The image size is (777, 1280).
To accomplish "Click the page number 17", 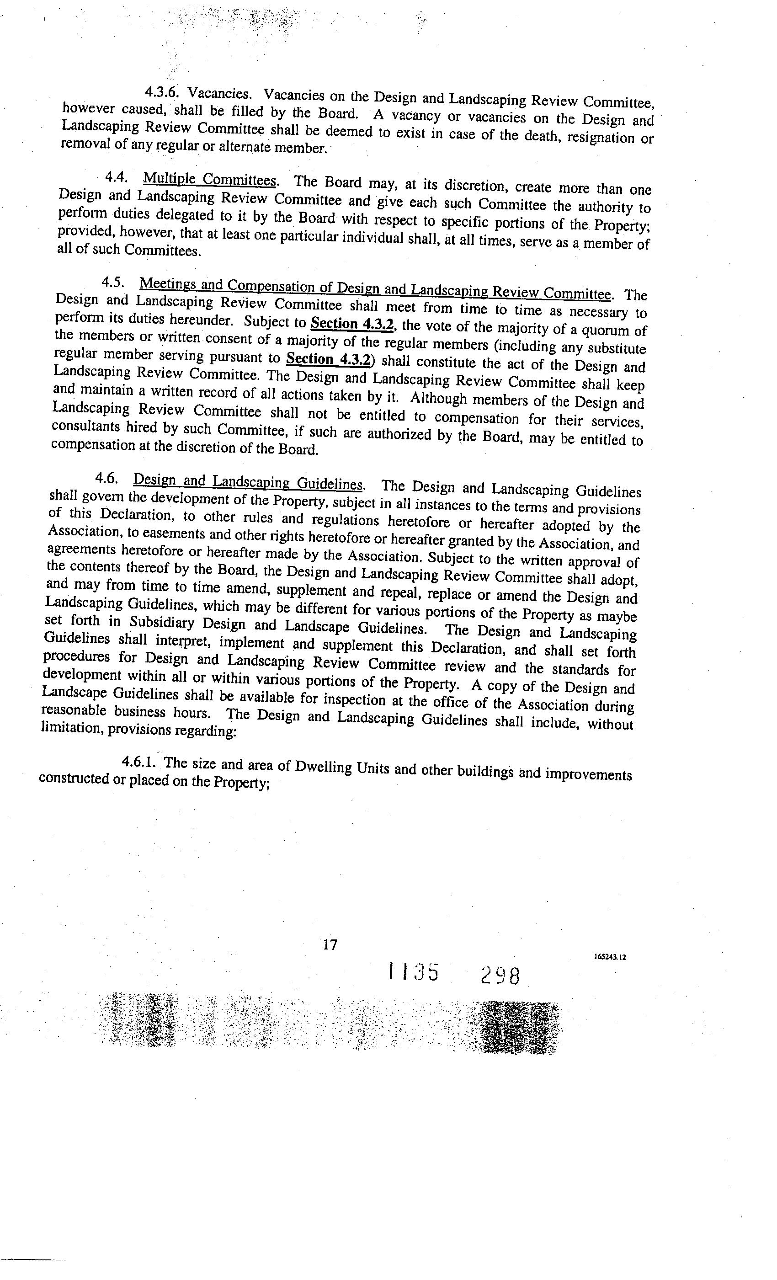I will click(x=330, y=944).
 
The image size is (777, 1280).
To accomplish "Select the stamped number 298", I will click(x=500, y=976).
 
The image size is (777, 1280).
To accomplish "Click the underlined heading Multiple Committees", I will click(x=210, y=180).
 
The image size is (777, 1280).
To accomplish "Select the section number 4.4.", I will click(x=117, y=177).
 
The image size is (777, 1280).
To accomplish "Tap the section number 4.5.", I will click(x=113, y=282).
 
